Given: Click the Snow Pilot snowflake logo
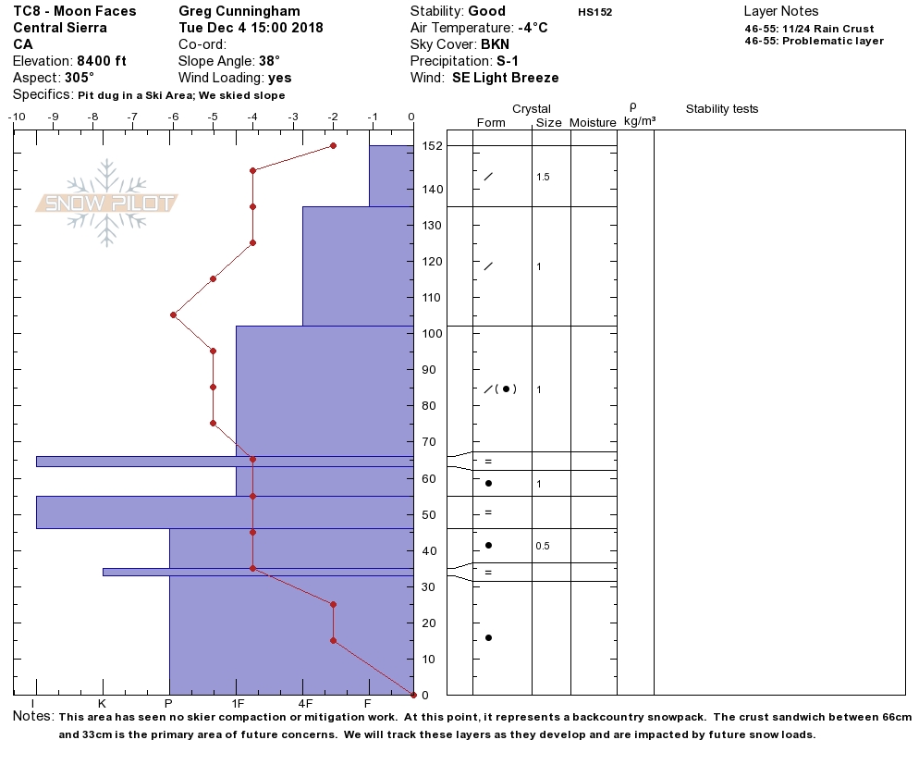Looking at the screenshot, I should pos(107,203).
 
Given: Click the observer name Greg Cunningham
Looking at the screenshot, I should pos(239,11).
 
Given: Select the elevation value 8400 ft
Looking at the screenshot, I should pos(102,61).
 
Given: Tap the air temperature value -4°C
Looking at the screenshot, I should pos(533,28).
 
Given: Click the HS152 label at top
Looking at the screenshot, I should pos(594,13).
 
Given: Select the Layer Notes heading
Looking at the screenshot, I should pos(781,11).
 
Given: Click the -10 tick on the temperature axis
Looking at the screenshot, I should pos(16,117).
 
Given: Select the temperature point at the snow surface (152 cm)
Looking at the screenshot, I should pos(333,146).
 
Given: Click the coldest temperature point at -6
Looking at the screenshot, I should pos(173,314).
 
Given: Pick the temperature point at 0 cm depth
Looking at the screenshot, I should pos(412,695).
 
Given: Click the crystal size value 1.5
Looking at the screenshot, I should pos(543,177).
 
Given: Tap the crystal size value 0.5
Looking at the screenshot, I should pos(543,546).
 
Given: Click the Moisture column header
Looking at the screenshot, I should pos(593,123).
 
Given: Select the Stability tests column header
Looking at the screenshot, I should pos(721,109).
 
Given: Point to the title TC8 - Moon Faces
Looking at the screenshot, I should pos(74,11).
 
